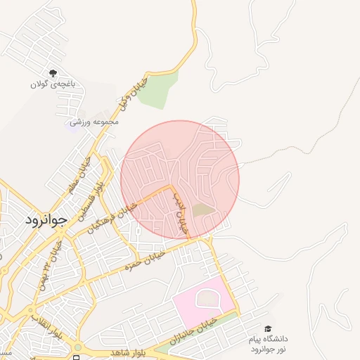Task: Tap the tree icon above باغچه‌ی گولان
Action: tap(53, 73)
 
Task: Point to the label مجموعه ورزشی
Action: tap(94, 122)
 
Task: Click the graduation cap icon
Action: tap(268, 328)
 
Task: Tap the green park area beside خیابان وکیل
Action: tap(157, 90)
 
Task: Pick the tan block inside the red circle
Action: tap(204, 210)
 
